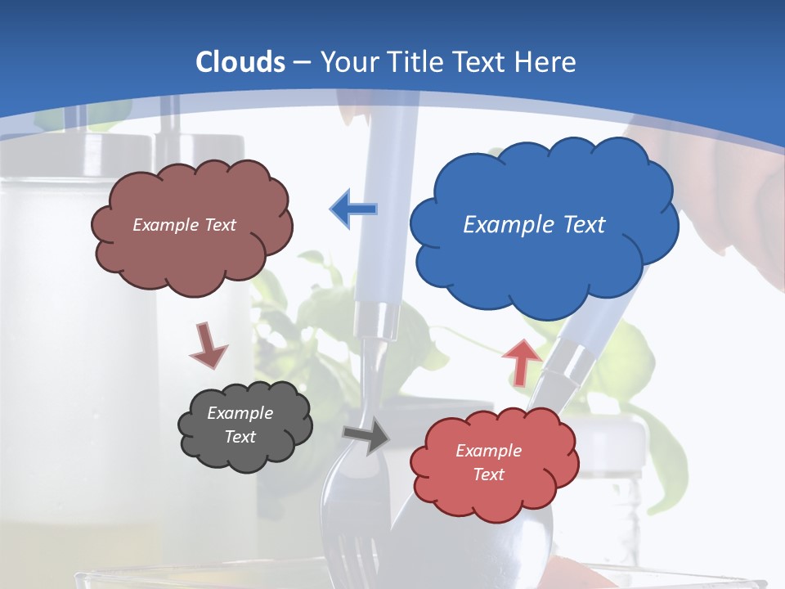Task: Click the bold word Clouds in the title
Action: pyautogui.click(x=240, y=62)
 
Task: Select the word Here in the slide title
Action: pyautogui.click(x=547, y=62)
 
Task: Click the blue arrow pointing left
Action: pyautogui.click(x=353, y=209)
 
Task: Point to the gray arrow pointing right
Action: pyautogui.click(x=367, y=436)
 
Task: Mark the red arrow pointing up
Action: pyautogui.click(x=522, y=362)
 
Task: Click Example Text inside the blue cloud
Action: pyautogui.click(x=534, y=225)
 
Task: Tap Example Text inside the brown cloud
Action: pyautogui.click(x=184, y=225)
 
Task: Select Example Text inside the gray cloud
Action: pyautogui.click(x=240, y=425)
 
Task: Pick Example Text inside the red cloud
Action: pyautogui.click(x=488, y=462)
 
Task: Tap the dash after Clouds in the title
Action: pyautogui.click(x=302, y=62)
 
